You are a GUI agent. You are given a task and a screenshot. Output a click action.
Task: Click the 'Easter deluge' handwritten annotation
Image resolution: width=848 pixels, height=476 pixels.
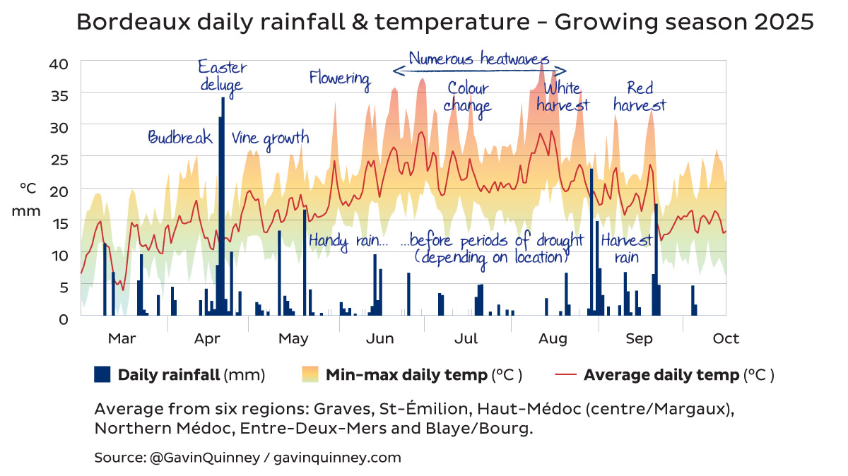pyautogui.click(x=222, y=76)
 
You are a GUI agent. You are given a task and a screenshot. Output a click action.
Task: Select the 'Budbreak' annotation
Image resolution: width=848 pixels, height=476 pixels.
pyautogui.click(x=180, y=138)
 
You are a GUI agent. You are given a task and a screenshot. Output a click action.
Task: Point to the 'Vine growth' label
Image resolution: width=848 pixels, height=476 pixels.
pyautogui.click(x=270, y=138)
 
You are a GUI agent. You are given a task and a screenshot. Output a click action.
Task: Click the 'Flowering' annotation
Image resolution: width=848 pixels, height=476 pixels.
pyautogui.click(x=340, y=78)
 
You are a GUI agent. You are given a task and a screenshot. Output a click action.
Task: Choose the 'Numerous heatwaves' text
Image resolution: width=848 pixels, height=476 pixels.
pyautogui.click(x=479, y=59)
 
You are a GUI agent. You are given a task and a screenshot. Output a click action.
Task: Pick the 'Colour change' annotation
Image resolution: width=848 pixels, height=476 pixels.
pyautogui.click(x=468, y=97)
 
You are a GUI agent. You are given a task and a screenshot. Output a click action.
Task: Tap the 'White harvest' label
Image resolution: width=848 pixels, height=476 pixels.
pyautogui.click(x=562, y=97)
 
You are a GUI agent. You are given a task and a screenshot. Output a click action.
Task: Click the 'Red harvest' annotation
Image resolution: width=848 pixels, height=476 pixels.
pyautogui.click(x=640, y=97)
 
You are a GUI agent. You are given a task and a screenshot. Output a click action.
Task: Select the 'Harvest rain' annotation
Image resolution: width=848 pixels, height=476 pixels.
pyautogui.click(x=625, y=248)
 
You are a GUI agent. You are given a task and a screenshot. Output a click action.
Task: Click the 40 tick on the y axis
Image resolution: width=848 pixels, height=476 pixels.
pyautogui.click(x=59, y=64)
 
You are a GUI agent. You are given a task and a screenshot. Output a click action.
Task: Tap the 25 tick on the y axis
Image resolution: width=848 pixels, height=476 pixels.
pyautogui.click(x=59, y=159)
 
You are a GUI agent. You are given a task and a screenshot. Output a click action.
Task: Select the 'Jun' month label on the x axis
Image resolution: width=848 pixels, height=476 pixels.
pyautogui.click(x=379, y=339)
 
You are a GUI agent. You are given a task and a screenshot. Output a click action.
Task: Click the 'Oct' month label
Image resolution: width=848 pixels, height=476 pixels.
pyautogui.click(x=726, y=339)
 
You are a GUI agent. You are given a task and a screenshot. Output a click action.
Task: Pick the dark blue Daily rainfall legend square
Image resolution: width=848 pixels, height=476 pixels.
pyautogui.click(x=102, y=374)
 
